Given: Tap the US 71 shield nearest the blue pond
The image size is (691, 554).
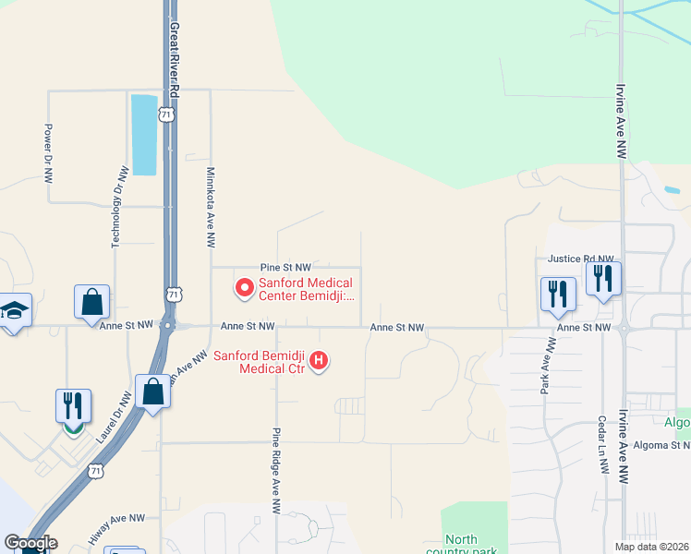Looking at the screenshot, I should point(165,114).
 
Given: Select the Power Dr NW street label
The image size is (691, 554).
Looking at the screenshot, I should point(49,152).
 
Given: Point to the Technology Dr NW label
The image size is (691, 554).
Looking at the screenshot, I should point(117,206).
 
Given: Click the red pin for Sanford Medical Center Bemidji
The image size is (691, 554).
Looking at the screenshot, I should point(245,288).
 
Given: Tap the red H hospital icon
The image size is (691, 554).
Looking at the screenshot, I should point(319,359).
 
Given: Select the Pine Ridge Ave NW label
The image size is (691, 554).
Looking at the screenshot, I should point(276,470).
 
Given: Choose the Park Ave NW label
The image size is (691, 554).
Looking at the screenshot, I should point(546,367).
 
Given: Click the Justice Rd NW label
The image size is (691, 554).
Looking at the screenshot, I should point(580,259).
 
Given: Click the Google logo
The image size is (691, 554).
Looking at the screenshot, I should point(30,543).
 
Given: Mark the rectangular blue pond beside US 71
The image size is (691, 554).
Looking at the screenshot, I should point(144,135).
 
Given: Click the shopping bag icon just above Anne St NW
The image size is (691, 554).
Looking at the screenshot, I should point(92,301).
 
